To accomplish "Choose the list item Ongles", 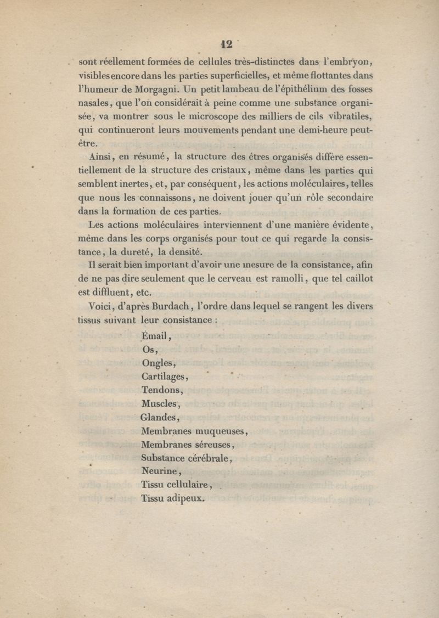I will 158,363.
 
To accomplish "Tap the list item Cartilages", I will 164,377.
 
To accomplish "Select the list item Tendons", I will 161,390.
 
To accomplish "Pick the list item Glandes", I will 159,417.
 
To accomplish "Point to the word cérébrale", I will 209,457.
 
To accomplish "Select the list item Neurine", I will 160,471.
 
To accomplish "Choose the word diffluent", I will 115,291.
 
